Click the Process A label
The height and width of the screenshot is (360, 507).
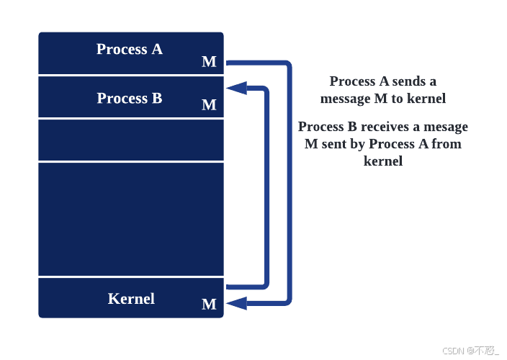[130, 49]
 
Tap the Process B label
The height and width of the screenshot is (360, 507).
[130, 98]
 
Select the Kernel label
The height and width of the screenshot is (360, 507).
[131, 298]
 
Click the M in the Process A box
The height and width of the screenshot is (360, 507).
[209, 62]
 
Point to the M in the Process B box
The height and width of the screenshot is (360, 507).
[209, 105]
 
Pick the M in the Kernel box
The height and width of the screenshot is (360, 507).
[209, 305]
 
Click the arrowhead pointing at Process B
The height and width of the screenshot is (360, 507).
[235, 89]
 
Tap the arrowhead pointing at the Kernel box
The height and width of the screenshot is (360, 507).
[235, 303]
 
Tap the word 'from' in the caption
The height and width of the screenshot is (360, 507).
[447, 144]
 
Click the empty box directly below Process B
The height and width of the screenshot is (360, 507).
[131, 140]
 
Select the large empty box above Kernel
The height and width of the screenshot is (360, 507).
[131, 220]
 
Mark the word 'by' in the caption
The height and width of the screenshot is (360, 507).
[356, 144]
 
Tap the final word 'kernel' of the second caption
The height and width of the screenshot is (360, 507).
[383, 161]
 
